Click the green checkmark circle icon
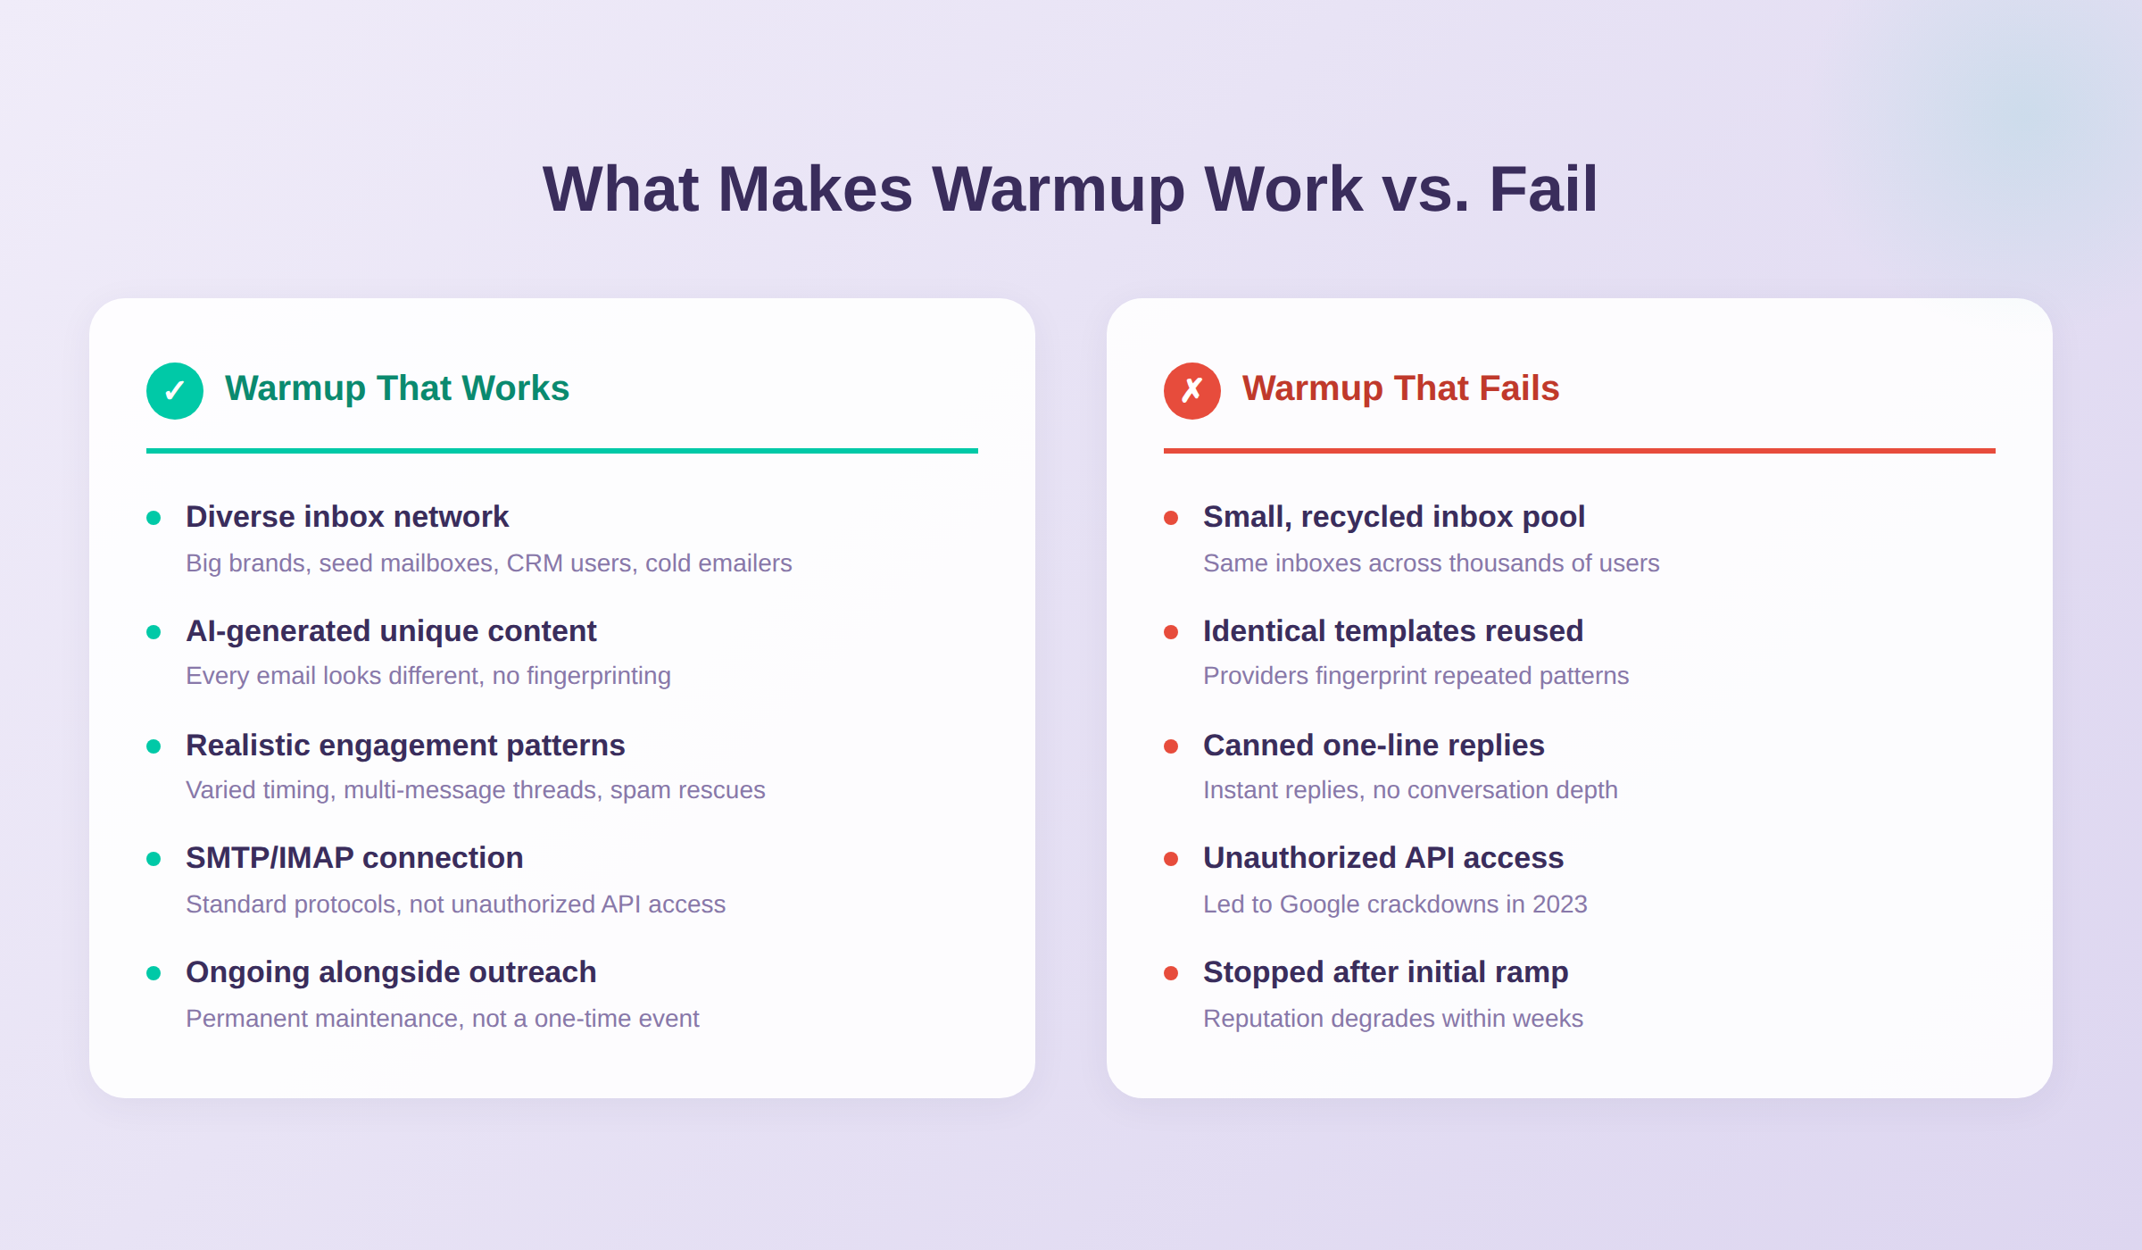pyautogui.click(x=175, y=391)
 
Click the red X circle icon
pyautogui.click(x=1191, y=391)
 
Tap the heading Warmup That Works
pyautogui.click(x=396, y=388)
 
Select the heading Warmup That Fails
pyautogui.click(x=1399, y=388)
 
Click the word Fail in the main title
pyautogui.click(x=1542, y=189)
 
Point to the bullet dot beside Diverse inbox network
pyautogui.click(x=154, y=518)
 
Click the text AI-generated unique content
pyautogui.click(x=391, y=631)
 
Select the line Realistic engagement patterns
pyautogui.click(x=405, y=746)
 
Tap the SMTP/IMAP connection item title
pyautogui.click(x=354, y=858)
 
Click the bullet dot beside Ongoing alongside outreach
pyautogui.click(x=154, y=973)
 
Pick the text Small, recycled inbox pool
pyautogui.click(x=1393, y=517)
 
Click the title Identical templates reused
pyautogui.click(x=1392, y=631)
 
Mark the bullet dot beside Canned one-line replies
pyautogui.click(x=1171, y=746)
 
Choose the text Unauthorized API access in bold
pyautogui.click(x=1382, y=858)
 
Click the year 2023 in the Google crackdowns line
pyautogui.click(x=1559, y=904)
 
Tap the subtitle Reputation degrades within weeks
pyautogui.click(x=1392, y=1019)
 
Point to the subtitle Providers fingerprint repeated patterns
pyautogui.click(x=1416, y=676)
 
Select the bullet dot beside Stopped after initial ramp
pyautogui.click(x=1171, y=973)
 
